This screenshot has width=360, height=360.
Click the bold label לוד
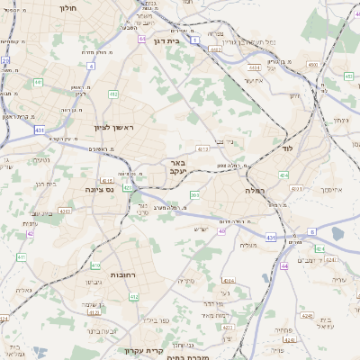288,147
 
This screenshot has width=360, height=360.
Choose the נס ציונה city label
98,189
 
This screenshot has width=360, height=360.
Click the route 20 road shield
4,61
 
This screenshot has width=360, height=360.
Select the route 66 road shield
143,40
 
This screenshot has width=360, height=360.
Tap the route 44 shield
283,266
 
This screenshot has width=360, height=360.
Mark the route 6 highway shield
312,231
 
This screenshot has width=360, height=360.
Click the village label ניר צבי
236,140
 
